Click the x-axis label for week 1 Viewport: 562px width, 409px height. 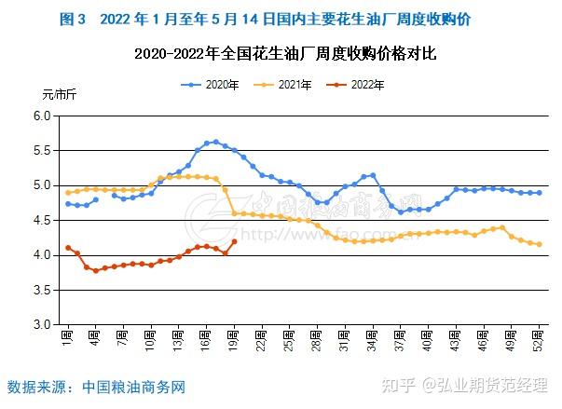[68, 336]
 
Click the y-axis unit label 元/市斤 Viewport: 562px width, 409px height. [60, 95]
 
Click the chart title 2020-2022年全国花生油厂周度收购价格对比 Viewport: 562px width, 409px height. [285, 55]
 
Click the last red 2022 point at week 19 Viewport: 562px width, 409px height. [234, 241]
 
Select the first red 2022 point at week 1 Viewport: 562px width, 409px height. [68, 248]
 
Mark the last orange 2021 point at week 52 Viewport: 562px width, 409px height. [539, 244]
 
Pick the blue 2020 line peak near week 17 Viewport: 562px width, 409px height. [215, 142]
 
